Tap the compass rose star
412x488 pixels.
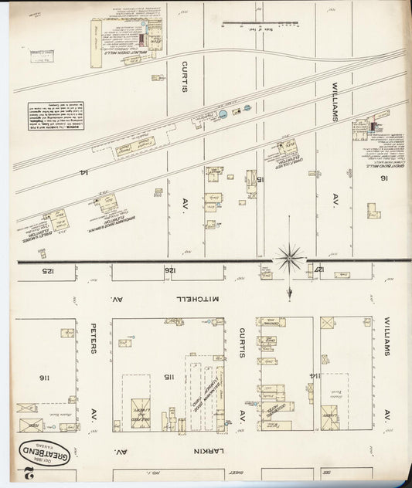[290, 257]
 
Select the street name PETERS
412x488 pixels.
[93, 337]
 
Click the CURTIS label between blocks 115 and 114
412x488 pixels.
[241, 343]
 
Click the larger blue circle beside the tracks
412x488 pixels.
[223, 114]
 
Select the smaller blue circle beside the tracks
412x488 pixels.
[247, 108]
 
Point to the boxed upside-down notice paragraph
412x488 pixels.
[56, 116]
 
